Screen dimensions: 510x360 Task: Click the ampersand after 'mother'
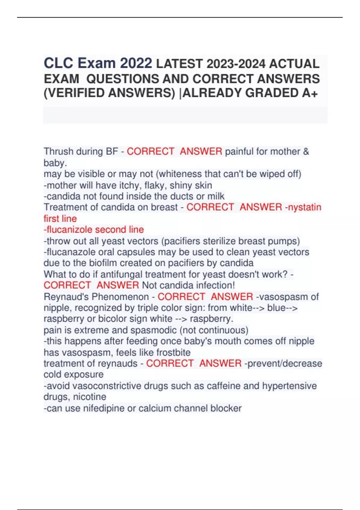pyautogui.click(x=306, y=151)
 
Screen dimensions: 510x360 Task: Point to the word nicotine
pyautogui.click(x=90, y=397)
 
